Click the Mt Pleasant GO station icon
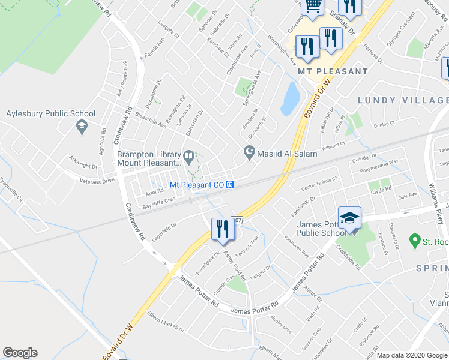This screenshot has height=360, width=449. point(230,185)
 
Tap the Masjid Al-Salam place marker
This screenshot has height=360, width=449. point(249,154)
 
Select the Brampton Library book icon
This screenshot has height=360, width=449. point(189,157)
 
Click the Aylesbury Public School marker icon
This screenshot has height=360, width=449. point(81,126)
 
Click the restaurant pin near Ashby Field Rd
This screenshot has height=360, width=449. point(221,228)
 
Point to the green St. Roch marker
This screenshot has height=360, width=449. point(414,242)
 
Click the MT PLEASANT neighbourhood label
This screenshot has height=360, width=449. point(333,71)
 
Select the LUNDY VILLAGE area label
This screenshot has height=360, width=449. point(403,100)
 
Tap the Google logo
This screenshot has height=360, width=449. point(20,353)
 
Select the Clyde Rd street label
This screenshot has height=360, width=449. point(381,190)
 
